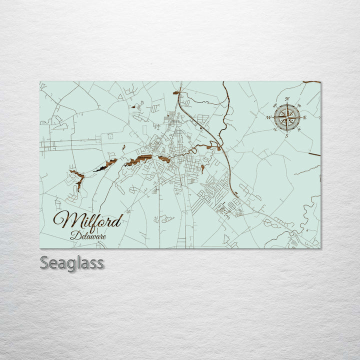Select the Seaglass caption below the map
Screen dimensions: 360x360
(x=72, y=262)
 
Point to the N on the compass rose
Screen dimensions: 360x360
(x=287, y=99)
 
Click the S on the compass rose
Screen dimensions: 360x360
(x=286, y=135)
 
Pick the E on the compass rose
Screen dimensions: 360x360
(x=304, y=117)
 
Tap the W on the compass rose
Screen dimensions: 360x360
(x=269, y=117)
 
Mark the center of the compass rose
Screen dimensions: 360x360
(x=287, y=117)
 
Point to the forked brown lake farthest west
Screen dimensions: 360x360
(x=77, y=178)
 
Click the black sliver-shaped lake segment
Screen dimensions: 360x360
(x=100, y=169)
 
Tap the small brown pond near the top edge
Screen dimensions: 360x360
(x=176, y=92)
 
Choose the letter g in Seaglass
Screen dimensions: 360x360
(x=78, y=264)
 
